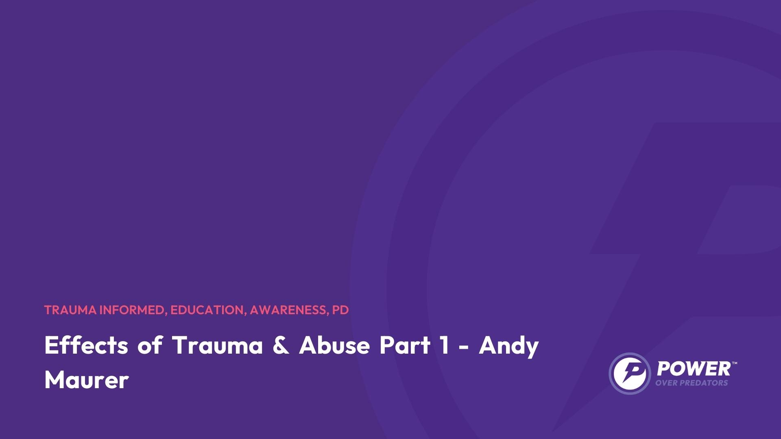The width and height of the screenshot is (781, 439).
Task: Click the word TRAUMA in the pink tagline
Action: [70, 310]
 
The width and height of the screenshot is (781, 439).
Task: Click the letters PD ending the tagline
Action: [340, 310]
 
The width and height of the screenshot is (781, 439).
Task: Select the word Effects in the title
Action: [86, 345]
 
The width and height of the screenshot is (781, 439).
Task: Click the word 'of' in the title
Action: [150, 345]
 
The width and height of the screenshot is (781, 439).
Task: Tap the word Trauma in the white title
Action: [217, 346]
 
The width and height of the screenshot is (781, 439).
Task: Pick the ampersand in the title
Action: [281, 346]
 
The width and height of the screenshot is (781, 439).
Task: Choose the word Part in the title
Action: [404, 346]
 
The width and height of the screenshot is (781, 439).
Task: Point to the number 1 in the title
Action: [445, 346]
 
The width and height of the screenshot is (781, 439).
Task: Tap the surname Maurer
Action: [87, 380]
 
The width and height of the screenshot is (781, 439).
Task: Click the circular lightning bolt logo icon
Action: [630, 373]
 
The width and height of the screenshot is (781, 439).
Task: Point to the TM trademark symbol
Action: [735, 363]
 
